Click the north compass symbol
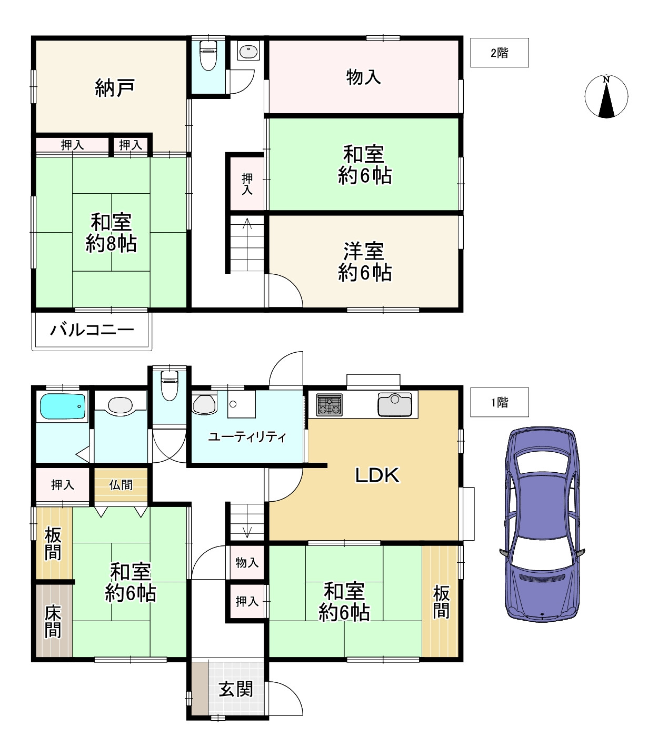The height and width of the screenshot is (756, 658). click(x=606, y=97)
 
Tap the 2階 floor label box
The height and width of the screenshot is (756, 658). click(x=499, y=53)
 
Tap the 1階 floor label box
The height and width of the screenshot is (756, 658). click(x=499, y=402)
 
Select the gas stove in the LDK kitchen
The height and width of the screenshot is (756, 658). click(x=330, y=405)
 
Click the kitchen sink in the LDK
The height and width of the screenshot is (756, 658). click(x=394, y=405)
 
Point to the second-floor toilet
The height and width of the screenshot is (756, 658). click(x=208, y=55)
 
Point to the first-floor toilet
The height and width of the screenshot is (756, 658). click(x=169, y=386)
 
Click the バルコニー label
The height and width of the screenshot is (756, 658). click(x=92, y=331)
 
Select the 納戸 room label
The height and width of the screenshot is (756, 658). click(x=114, y=87)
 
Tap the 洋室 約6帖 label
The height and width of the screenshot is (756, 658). click(x=364, y=262)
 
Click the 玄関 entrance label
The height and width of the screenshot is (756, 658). click(x=236, y=689)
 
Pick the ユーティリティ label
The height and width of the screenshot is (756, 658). click(x=247, y=437)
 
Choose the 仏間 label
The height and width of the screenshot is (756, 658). click(x=121, y=485)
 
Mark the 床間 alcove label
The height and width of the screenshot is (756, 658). click(x=53, y=621)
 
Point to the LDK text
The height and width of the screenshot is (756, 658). click(x=377, y=475)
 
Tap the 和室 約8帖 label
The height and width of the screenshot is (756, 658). click(x=111, y=233)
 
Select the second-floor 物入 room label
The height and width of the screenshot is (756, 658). click(x=363, y=77)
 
